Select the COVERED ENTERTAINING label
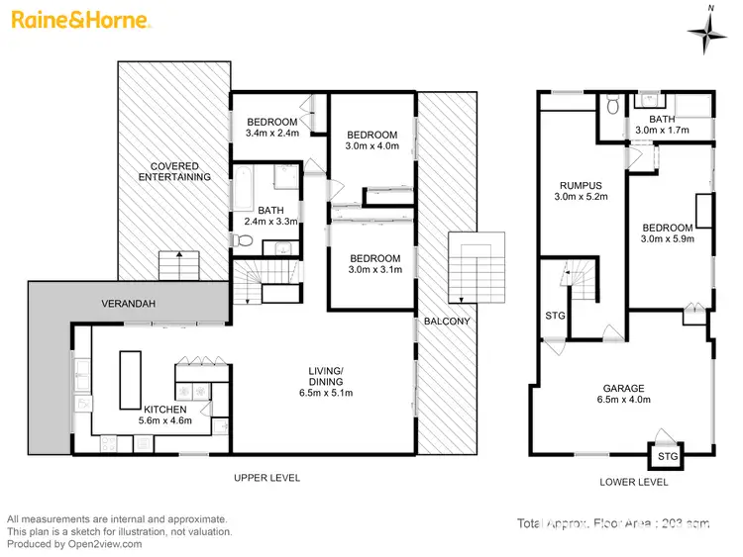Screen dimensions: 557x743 (x=174, y=170)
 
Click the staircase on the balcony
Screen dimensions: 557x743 (x=470, y=268)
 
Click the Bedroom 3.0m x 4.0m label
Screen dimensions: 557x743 (x=372, y=140)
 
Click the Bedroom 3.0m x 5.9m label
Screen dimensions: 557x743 (x=670, y=232)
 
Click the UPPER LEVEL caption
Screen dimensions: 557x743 (x=266, y=479)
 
